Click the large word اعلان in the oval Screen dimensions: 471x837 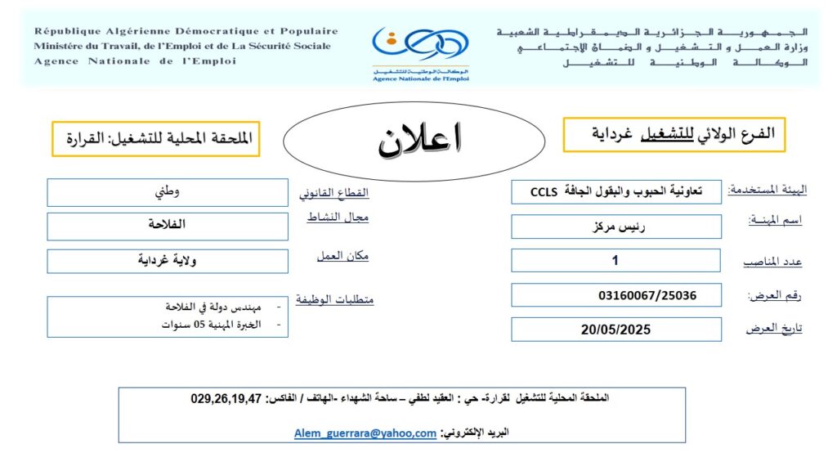(419, 140)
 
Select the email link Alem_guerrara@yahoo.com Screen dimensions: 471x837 (365, 433)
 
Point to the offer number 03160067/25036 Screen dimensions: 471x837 (647, 295)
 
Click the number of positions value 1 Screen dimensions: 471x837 (615, 261)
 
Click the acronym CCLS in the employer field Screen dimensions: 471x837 (543, 192)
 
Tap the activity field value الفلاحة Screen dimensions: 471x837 (169, 225)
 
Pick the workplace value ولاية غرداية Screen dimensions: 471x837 (172, 261)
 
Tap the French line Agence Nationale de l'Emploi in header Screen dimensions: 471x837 (135, 61)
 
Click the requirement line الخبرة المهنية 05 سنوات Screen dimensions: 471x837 (211, 325)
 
